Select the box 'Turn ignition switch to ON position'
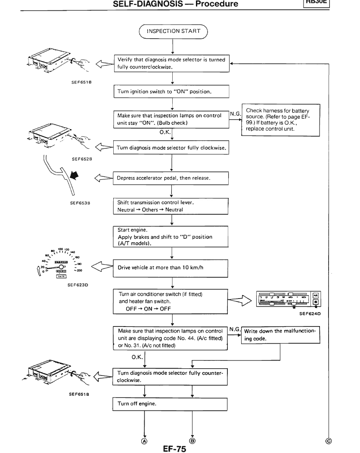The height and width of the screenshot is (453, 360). point(171,92)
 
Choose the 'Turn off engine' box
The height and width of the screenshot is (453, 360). point(171,404)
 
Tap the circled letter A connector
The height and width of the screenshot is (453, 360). point(144,441)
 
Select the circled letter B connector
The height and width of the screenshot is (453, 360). point(192,441)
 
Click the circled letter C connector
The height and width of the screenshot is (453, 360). point(329,441)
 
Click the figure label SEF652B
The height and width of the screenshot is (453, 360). point(79,159)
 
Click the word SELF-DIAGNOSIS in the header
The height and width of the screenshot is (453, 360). point(141,3)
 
